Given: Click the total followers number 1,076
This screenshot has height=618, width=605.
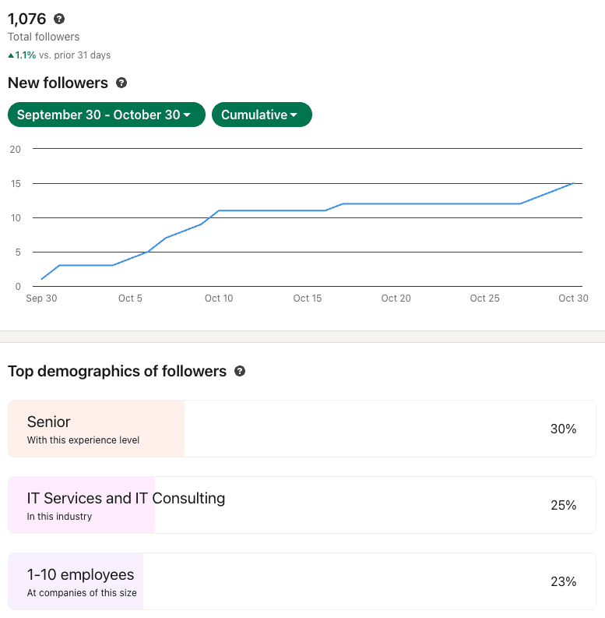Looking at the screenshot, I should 27,19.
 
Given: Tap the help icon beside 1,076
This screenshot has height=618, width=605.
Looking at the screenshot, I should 59,19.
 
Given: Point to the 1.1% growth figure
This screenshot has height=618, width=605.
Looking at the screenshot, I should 26,55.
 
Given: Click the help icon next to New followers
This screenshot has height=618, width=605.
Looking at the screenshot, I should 121,83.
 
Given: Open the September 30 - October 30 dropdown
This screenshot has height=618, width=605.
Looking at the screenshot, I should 106,115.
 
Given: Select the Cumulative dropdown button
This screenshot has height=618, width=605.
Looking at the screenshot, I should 261,115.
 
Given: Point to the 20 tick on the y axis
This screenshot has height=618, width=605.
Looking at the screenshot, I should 16,149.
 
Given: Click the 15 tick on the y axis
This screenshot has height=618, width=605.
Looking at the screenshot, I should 16,183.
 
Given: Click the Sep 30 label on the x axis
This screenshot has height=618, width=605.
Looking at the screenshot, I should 41,298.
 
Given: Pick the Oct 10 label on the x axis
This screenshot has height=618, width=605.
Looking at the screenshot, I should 219,298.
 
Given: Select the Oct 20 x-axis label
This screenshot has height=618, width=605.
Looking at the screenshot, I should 396,298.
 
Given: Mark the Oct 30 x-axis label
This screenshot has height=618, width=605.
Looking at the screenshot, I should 573,298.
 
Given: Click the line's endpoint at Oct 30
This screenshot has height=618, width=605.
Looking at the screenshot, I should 573,183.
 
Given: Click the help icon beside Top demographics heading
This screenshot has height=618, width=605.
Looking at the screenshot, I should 240,372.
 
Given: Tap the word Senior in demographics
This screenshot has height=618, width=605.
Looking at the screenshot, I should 48,422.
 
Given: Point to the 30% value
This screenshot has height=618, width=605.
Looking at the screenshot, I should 563,429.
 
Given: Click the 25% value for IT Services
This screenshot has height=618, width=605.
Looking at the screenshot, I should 563,505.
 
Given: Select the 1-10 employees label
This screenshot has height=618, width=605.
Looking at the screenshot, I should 80,574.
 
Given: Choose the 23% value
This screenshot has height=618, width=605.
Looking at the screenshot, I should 563,581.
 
